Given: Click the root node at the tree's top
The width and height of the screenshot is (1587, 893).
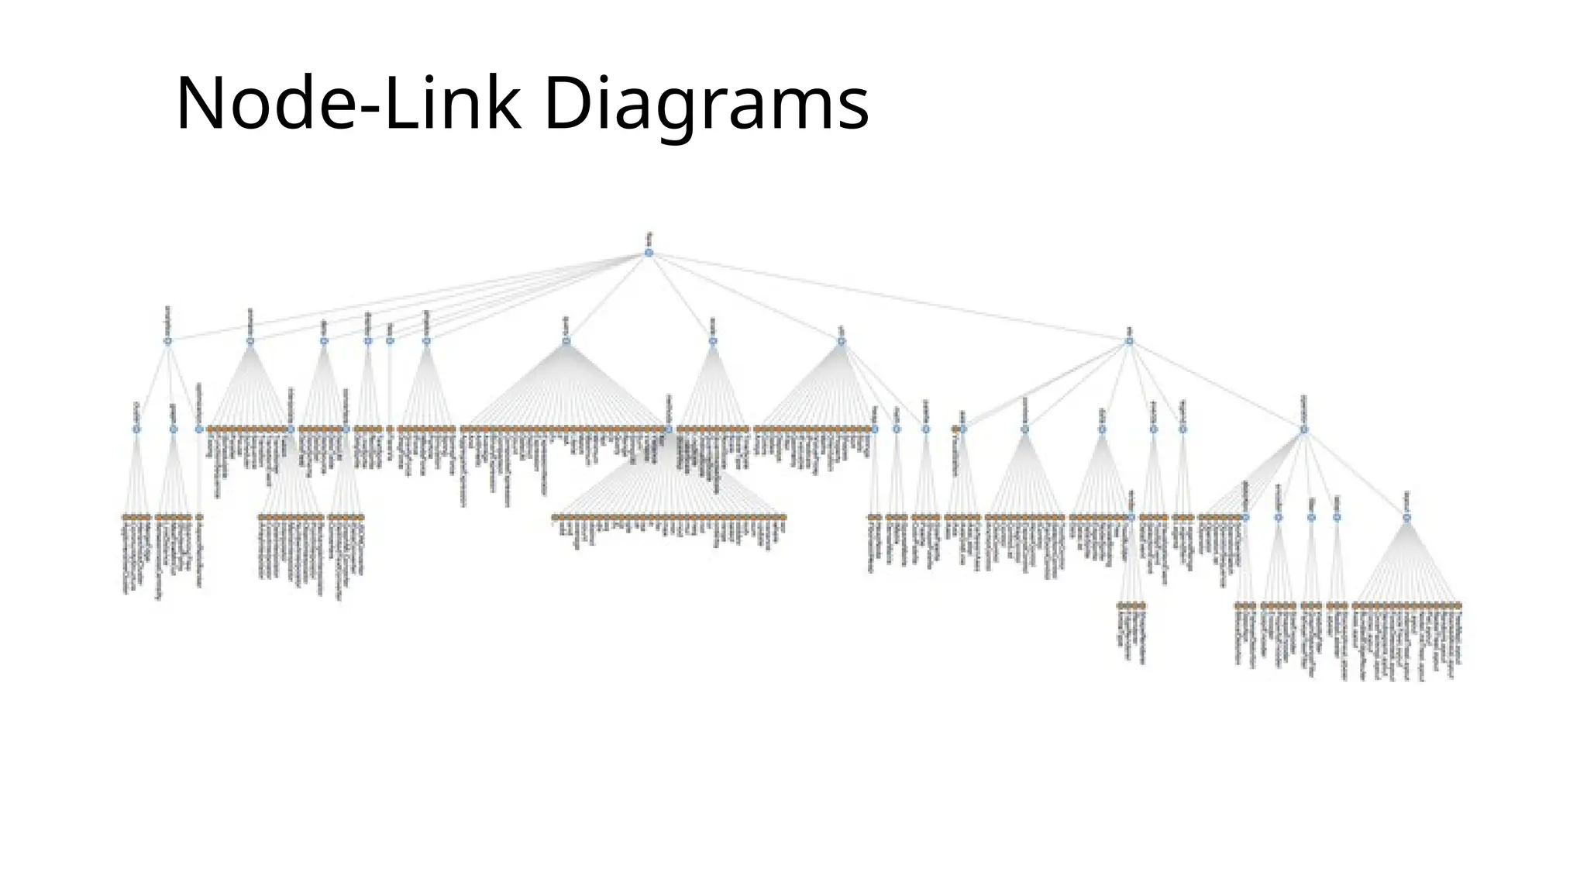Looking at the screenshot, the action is click(x=649, y=253).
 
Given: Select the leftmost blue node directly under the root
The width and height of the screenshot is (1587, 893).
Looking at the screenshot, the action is click(x=167, y=340).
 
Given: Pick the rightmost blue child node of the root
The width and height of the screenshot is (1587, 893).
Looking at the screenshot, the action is click(x=1129, y=340).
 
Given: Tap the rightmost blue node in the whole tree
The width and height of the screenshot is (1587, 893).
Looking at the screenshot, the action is click(x=1406, y=517).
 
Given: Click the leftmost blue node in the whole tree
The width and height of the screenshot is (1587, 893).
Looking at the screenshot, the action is click(x=136, y=429).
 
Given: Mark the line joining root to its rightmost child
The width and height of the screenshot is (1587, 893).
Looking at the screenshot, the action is click(x=891, y=297).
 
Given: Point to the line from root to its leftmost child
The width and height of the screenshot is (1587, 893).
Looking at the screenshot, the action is click(x=403, y=298).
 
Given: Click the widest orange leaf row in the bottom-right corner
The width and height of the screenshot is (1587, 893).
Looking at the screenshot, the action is click(x=1406, y=605).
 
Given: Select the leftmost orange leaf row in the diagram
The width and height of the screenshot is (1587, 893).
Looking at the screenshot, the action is click(x=136, y=516).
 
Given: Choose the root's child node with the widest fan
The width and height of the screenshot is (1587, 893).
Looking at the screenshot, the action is click(x=566, y=340).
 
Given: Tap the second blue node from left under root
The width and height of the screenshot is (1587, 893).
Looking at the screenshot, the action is click(x=250, y=340).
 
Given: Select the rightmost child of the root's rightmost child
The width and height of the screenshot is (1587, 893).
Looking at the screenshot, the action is click(x=1303, y=429).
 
